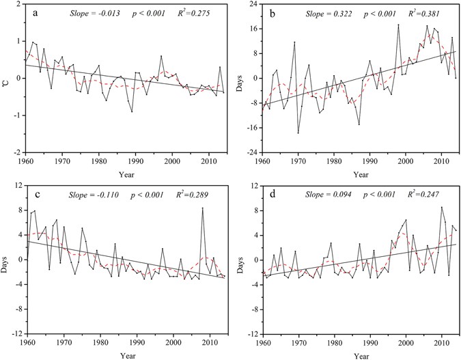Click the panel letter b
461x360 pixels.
point(273,13)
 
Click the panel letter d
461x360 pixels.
point(273,195)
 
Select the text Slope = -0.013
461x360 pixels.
point(94,14)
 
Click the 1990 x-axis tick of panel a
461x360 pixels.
point(137,161)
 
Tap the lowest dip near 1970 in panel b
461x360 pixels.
point(298,133)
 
